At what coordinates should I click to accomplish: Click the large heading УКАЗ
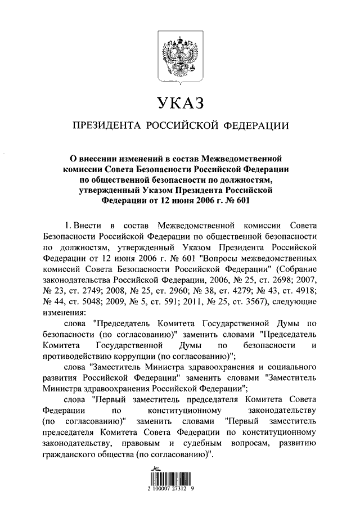tap(179, 103)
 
